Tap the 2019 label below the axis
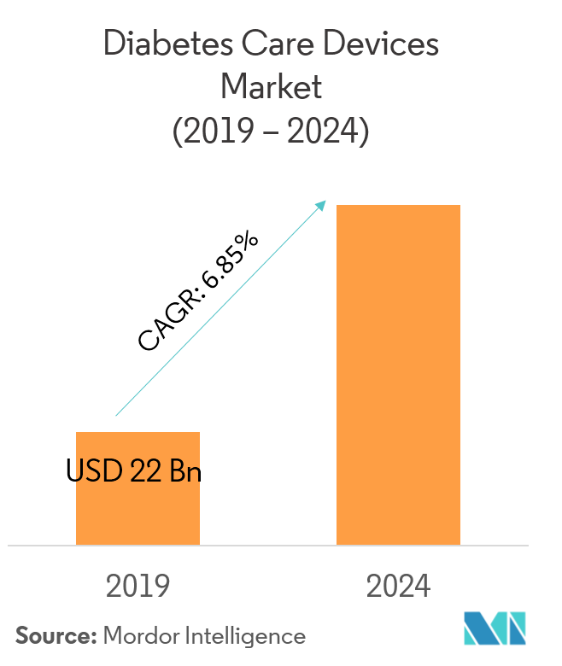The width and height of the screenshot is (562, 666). point(138,587)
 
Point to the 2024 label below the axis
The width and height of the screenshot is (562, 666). point(398,587)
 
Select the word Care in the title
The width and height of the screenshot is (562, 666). point(272,44)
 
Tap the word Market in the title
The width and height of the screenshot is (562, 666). point(272,87)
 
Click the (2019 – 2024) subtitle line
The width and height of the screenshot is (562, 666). point(272,131)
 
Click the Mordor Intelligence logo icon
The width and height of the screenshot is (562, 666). point(495,628)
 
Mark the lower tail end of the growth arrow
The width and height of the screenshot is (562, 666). point(117,415)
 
